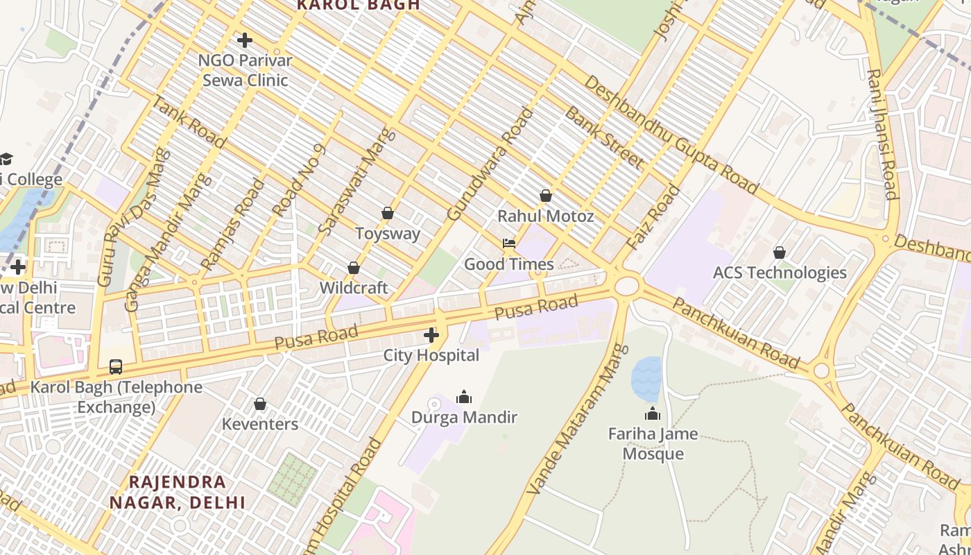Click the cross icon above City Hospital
tap(431, 336)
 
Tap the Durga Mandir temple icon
tap(464, 397)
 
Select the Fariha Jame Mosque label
tap(653, 444)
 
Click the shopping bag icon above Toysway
tap(388, 213)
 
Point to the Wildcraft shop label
tap(354, 287)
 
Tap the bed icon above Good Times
tap(509, 244)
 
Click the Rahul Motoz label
tap(545, 216)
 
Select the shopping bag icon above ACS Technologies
tap(780, 253)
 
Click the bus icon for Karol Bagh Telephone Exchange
tap(116, 366)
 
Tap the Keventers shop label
tap(260, 424)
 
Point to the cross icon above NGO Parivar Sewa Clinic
tap(244, 40)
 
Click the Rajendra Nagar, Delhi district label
tap(178, 492)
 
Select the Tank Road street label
tap(188, 122)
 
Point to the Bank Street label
tap(603, 137)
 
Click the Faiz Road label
tap(653, 217)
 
